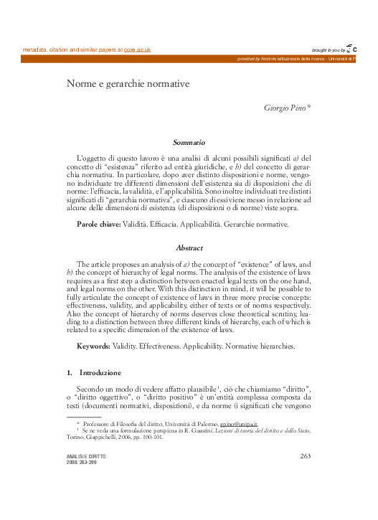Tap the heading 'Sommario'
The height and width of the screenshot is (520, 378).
point(189,143)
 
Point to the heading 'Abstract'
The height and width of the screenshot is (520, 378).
point(189,247)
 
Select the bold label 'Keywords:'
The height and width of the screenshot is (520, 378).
point(93,346)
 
